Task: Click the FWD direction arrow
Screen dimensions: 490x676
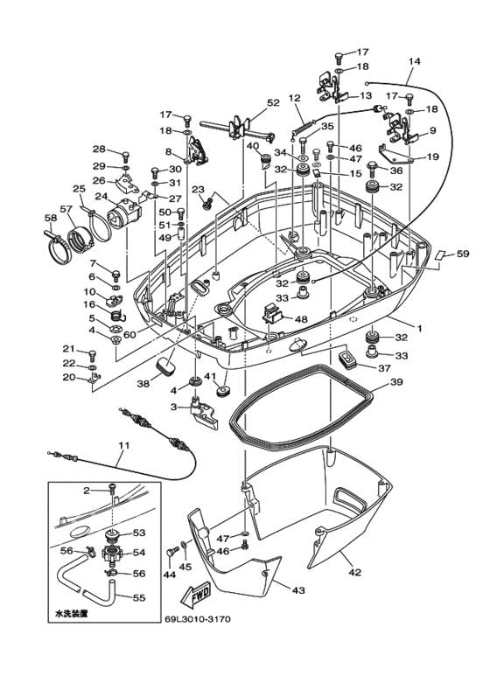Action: (195, 596)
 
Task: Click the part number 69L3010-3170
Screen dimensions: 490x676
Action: (198, 619)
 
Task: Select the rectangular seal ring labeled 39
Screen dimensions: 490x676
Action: (302, 408)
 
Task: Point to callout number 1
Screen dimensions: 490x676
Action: (418, 328)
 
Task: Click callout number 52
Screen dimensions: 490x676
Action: (273, 102)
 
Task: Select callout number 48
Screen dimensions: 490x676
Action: (301, 319)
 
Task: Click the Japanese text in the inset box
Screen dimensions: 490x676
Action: (72, 613)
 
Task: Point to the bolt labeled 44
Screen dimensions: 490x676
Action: (171, 554)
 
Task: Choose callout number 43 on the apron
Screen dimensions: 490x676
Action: (298, 590)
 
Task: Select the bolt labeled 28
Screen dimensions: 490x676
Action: (125, 155)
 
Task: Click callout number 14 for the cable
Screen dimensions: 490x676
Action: (414, 61)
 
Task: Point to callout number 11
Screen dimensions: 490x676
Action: (123, 445)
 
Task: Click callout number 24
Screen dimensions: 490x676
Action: (101, 197)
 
